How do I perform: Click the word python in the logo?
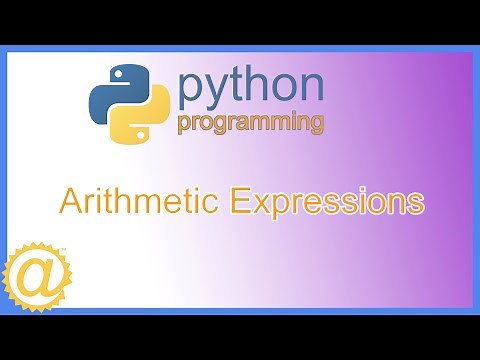[250, 87]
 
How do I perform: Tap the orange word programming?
[250, 124]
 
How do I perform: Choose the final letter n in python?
[311, 87]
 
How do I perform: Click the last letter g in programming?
[314, 126]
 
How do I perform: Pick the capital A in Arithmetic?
[72, 200]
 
